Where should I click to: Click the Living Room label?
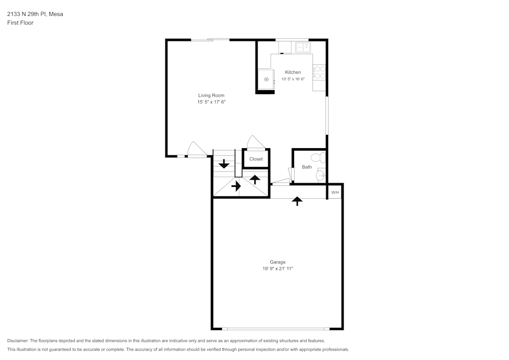click(211, 95)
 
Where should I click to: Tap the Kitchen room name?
click(293, 72)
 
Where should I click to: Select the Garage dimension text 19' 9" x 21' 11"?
click(277, 268)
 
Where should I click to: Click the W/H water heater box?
click(334, 192)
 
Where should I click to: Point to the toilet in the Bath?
click(318, 157)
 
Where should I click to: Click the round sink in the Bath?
click(320, 176)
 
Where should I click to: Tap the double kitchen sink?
click(303, 47)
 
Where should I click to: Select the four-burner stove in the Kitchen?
click(319, 72)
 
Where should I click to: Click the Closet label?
click(256, 159)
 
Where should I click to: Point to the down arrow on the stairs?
click(223, 163)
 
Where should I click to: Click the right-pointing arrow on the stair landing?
click(236, 186)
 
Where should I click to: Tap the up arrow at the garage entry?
click(297, 201)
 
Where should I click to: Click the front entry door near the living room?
click(196, 150)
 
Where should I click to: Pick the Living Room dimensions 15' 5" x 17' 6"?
click(211, 102)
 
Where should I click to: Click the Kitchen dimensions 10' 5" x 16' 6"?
click(293, 79)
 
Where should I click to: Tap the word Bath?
click(307, 167)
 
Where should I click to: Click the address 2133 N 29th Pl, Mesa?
click(35, 14)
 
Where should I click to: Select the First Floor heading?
click(20, 23)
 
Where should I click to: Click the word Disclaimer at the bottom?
click(18, 341)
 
